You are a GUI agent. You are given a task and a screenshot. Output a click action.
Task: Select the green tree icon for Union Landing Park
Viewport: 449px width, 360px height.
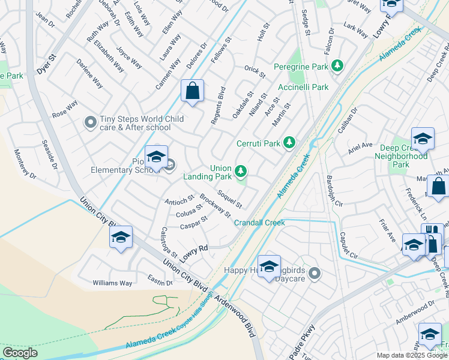click(x=241, y=172)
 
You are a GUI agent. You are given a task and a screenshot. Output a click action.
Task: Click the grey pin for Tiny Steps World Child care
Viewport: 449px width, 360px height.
click(x=90, y=123)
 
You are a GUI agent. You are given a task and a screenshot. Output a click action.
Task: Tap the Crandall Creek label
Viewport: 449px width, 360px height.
click(x=260, y=223)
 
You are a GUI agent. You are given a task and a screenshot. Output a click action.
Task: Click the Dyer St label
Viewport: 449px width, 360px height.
click(x=46, y=65)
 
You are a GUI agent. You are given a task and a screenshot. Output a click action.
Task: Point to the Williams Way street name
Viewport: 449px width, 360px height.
click(x=112, y=283)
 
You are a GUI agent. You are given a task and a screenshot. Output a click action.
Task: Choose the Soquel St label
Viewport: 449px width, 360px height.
click(x=230, y=199)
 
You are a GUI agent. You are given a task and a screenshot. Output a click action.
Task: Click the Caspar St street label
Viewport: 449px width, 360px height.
click(x=193, y=226)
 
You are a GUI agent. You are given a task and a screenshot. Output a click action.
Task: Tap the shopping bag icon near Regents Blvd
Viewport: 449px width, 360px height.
click(x=192, y=92)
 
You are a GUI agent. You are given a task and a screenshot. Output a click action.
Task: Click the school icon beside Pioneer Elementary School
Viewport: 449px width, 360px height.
click(x=156, y=157)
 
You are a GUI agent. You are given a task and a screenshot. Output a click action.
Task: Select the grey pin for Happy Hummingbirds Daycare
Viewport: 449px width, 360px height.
click(x=313, y=274)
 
